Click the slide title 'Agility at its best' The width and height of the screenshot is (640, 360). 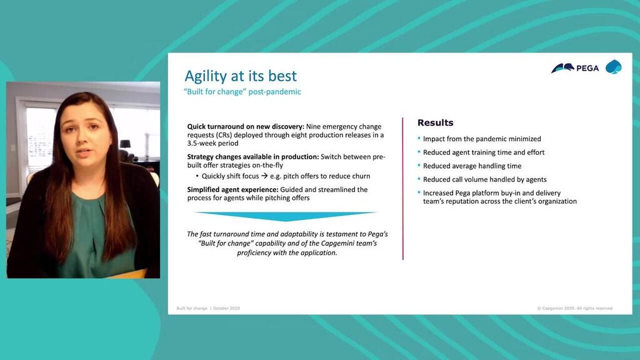tap(241, 76)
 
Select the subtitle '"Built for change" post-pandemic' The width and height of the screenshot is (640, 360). tap(242, 92)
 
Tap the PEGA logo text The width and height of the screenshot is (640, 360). tap(587, 68)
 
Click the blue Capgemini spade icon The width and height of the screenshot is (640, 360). tap(613, 67)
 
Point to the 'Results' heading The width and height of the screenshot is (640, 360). tap(435, 123)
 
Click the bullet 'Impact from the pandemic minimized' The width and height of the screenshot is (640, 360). tap(482, 139)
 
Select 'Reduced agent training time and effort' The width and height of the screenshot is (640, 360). tap(483, 152)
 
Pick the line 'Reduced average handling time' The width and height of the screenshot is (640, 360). tap(472, 166)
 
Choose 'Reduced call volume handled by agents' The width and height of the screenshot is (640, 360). tap(484, 179)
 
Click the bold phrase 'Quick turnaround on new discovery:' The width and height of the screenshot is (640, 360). tap(246, 127)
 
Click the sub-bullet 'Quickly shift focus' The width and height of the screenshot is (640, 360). tap(230, 176)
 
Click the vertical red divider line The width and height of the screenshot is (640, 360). tap(402, 187)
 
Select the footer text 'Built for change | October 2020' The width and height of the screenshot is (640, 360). tap(208, 308)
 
